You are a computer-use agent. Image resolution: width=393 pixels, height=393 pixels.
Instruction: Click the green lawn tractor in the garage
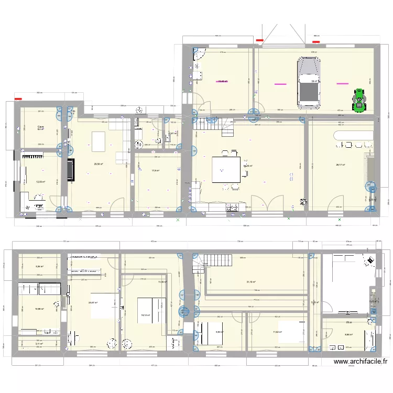[359, 100]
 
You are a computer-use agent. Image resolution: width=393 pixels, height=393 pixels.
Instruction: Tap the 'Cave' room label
[40, 127]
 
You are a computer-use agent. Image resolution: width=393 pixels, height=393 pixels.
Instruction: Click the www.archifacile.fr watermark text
[361, 361]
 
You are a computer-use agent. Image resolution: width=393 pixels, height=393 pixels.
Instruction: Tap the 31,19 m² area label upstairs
[251, 282]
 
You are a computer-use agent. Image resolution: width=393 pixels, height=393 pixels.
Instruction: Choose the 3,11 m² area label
[39, 344]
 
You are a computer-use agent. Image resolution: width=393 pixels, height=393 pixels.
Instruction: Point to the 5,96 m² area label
[39, 266]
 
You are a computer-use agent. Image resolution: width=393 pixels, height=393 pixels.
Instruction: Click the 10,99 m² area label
[39, 309]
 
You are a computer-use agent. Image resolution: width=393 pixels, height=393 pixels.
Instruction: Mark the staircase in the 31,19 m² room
[215, 260]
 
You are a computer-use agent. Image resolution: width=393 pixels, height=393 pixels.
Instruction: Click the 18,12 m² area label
[146, 315]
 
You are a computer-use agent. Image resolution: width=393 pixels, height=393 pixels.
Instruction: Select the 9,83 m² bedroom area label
[219, 332]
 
